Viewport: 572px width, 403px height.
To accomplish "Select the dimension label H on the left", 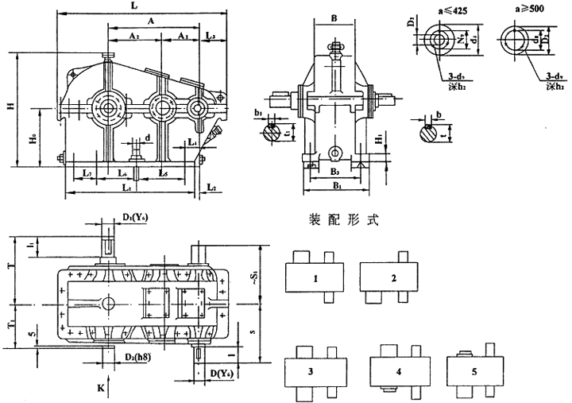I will [11, 107].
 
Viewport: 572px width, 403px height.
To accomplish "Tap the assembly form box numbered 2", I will [393, 278].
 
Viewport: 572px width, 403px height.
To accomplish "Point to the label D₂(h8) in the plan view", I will [137, 350].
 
